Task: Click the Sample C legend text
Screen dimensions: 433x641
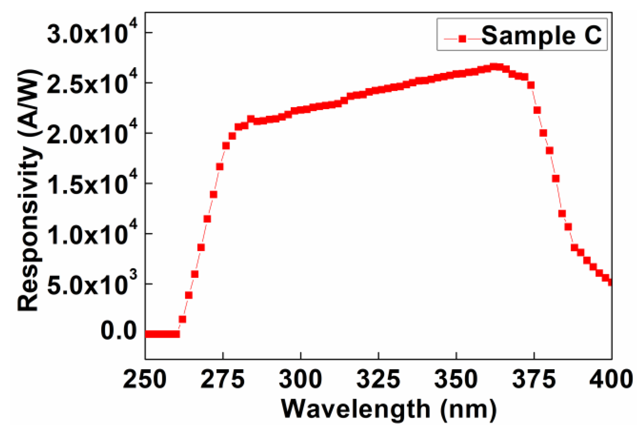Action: pyautogui.click(x=541, y=36)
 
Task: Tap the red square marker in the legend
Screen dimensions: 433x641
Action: pyautogui.click(x=462, y=39)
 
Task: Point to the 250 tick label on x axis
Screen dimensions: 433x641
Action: pyautogui.click(x=145, y=379)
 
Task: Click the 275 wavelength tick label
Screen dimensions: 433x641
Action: pyautogui.click(x=223, y=379)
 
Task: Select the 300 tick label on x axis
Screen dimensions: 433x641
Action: pyautogui.click(x=300, y=379)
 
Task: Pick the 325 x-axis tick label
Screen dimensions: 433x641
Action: pyautogui.click(x=378, y=379)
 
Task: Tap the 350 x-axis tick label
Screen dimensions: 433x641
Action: pyautogui.click(x=456, y=379)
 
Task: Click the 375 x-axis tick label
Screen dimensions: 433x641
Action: pyautogui.click(x=534, y=379)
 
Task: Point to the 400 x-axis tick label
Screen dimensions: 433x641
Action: pyautogui.click(x=611, y=379)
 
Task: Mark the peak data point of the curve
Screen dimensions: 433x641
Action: pyautogui.click(x=494, y=67)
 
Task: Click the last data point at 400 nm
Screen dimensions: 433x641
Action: pyautogui.click(x=610, y=282)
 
